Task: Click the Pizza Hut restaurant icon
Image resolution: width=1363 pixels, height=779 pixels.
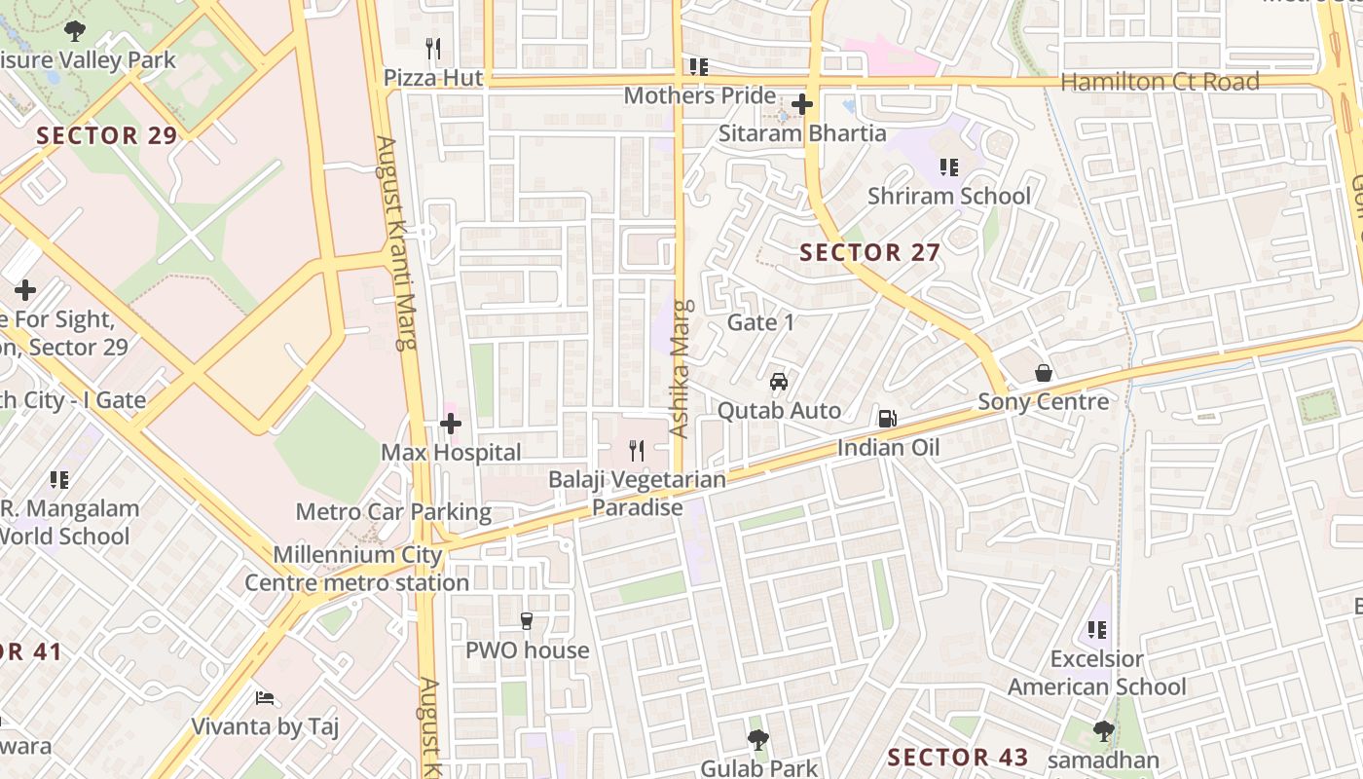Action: [x=433, y=47]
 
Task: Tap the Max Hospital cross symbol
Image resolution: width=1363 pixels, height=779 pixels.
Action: [x=451, y=424]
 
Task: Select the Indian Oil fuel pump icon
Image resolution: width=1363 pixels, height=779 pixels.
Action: [x=887, y=419]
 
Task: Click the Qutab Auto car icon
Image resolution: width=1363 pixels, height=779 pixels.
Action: [x=779, y=382]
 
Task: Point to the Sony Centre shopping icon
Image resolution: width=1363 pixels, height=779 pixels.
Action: [x=1044, y=373]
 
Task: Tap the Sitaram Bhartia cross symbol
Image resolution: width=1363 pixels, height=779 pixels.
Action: [x=802, y=103]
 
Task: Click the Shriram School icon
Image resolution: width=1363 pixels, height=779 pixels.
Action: [x=949, y=167]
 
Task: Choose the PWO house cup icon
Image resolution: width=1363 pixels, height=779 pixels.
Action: [x=527, y=621]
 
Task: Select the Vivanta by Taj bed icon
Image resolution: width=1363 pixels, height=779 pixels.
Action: [x=265, y=698]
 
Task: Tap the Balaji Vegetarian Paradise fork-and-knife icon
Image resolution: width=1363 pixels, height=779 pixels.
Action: [x=637, y=450]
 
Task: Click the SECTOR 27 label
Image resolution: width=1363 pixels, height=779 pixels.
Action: [x=869, y=253]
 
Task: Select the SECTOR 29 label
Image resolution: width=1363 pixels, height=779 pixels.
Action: [x=107, y=135]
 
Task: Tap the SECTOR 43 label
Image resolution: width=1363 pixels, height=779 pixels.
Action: [x=958, y=758]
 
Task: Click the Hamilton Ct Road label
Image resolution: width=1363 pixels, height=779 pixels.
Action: [x=1160, y=82]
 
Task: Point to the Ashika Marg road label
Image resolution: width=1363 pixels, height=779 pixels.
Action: [x=680, y=368]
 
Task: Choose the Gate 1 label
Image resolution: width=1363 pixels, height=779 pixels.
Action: [x=761, y=322]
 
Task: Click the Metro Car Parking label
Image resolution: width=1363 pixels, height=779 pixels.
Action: [x=393, y=511]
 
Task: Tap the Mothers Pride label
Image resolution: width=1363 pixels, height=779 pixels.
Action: [x=699, y=95]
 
